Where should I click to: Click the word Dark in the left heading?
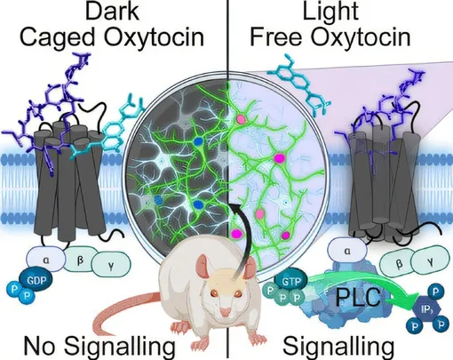tap(112, 11)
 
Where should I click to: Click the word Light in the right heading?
tap(330, 11)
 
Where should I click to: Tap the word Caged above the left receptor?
tap(58, 37)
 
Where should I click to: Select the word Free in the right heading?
tap(276, 36)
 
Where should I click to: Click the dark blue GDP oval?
tap(36, 279)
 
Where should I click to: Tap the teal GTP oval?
tap(290, 281)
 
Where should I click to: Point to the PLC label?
tap(358, 297)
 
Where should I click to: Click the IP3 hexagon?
tap(426, 309)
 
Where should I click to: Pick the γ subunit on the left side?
tap(111, 266)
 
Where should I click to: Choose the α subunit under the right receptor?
tap(347, 252)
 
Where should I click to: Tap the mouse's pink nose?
tap(226, 311)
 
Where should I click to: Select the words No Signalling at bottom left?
tap(99, 347)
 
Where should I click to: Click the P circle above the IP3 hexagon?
tap(435, 292)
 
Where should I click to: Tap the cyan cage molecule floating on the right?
tap(298, 84)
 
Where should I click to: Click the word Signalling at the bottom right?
tap(338, 347)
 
